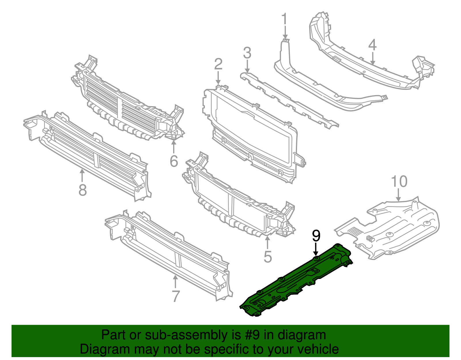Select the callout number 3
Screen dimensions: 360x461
(x=247, y=53)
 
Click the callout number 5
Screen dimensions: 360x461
(x=268, y=257)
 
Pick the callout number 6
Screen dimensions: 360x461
(x=174, y=161)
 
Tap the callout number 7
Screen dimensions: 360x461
(x=175, y=296)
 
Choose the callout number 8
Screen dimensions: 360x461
(x=83, y=190)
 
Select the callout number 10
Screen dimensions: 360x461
(x=399, y=182)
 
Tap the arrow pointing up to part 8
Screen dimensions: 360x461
(x=82, y=175)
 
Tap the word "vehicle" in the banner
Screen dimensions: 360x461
(x=318, y=349)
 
